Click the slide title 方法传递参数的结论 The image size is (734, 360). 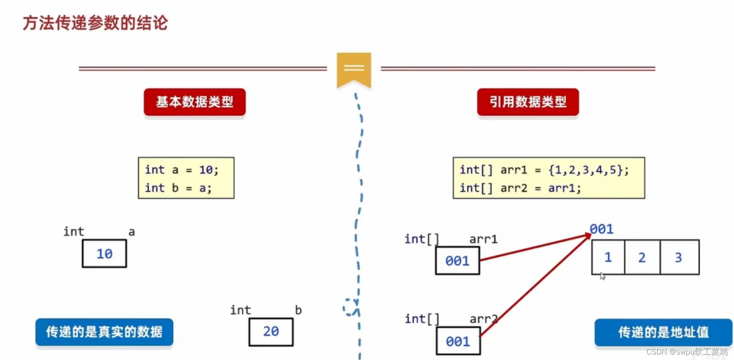[95, 23]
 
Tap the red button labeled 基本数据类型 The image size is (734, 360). [194, 102]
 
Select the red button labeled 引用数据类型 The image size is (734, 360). [528, 102]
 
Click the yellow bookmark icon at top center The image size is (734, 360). [354, 69]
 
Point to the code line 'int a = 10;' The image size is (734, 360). [182, 170]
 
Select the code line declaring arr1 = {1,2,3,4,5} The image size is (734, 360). [544, 170]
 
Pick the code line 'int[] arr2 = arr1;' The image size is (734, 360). [520, 188]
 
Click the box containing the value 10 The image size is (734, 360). [104, 254]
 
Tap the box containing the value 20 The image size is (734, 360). [271, 331]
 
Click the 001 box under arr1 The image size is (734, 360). [457, 261]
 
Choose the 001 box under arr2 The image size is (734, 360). [458, 341]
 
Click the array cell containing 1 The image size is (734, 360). [608, 257]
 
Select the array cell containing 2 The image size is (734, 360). [642, 257]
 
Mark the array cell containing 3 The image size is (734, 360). [679, 257]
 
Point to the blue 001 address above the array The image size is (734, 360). [602, 229]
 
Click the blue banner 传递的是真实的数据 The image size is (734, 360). [104, 332]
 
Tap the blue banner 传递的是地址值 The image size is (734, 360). [663, 332]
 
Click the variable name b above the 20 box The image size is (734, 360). [298, 310]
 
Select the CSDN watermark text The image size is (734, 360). [686, 352]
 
